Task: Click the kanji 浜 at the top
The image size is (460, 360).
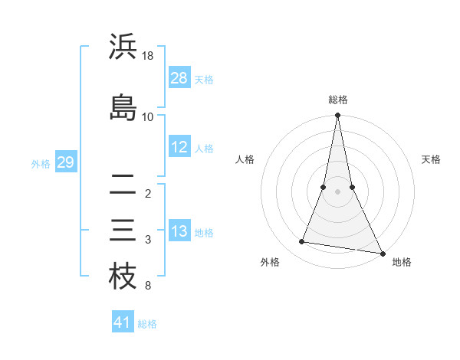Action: (x=123, y=47)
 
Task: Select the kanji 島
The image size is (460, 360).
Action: (x=123, y=107)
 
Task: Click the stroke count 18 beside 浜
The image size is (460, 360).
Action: (x=148, y=56)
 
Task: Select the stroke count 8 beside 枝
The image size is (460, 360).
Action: (x=147, y=286)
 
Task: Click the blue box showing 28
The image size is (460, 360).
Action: (x=179, y=77)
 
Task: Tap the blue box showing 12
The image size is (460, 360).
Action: (x=179, y=147)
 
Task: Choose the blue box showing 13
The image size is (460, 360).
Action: (x=179, y=231)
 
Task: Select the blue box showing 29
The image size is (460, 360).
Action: (x=65, y=162)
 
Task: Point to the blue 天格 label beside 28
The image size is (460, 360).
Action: (x=204, y=79)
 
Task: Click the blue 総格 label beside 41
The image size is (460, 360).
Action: (x=147, y=324)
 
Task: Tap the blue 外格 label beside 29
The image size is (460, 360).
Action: (x=41, y=164)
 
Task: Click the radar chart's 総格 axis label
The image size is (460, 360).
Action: (x=338, y=100)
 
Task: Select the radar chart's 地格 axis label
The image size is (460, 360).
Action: (x=402, y=262)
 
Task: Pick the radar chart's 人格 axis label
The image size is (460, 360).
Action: (x=245, y=159)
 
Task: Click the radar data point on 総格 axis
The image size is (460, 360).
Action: (x=338, y=116)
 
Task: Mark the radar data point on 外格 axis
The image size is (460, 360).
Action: (x=302, y=242)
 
